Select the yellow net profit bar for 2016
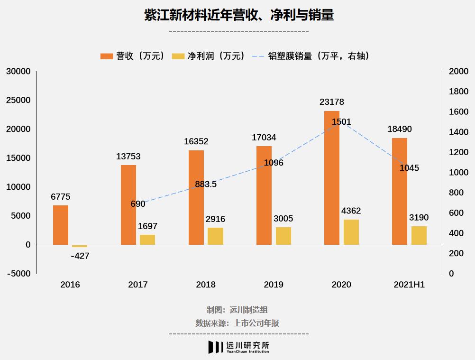[x=80, y=246]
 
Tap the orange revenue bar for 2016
[x=61, y=225]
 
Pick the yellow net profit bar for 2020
[x=351, y=232]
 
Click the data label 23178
[x=332, y=102]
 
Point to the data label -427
[x=80, y=256]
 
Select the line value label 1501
[x=341, y=122]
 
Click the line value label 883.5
[x=206, y=184]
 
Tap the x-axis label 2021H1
[x=409, y=285]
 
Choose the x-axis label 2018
[x=206, y=285]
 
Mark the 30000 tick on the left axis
[x=18, y=72]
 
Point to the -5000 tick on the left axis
[x=18, y=274]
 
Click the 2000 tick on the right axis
[x=458, y=72]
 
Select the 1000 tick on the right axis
[x=458, y=173]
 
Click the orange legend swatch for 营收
[x=107, y=56]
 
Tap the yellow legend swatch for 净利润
[x=178, y=56]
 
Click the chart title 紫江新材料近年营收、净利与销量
[x=239, y=15]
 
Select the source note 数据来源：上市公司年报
[x=237, y=323]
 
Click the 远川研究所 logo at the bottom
[x=238, y=347]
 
